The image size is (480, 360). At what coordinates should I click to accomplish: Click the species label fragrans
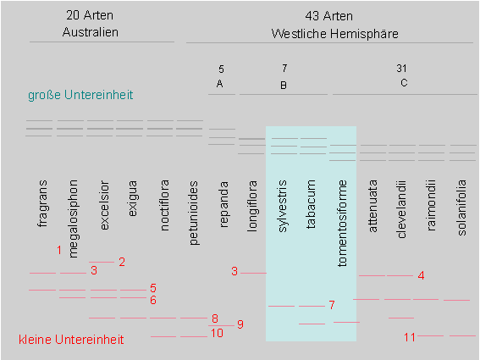coord(43,203)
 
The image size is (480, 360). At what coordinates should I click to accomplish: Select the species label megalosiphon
coord(73,219)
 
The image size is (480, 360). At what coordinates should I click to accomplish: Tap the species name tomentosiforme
coord(342,224)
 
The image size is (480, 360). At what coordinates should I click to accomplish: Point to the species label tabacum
coord(311,204)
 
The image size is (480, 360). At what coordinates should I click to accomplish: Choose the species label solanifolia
coord(461,208)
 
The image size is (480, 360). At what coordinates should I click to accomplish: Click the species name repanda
coord(224,204)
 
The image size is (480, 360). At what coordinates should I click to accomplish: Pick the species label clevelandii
coord(401,209)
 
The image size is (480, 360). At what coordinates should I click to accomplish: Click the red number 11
coord(410,337)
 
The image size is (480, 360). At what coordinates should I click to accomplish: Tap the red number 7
coord(332,305)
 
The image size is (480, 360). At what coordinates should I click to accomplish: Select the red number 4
coord(422,275)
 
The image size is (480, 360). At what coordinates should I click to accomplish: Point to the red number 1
coord(59,251)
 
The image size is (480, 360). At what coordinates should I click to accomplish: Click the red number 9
coord(240,324)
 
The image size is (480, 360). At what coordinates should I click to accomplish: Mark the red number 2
coord(122,262)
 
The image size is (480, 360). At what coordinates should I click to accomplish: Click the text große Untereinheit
coord(80,95)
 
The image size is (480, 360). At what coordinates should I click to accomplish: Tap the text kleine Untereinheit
coord(71,340)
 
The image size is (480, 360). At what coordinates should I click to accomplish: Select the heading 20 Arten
coord(90,15)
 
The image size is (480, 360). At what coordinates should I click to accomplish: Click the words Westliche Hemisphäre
coord(335,34)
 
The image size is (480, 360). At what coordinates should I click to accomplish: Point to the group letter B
coord(284,86)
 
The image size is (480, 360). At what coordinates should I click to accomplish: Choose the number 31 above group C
coord(401,69)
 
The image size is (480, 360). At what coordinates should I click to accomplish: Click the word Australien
coord(91,32)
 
